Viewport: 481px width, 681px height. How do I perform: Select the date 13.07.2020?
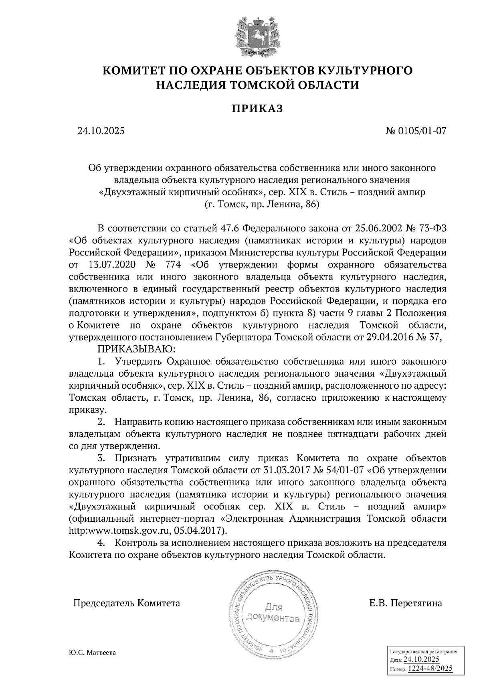tap(111, 265)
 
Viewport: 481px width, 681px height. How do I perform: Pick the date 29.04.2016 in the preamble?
tap(389, 337)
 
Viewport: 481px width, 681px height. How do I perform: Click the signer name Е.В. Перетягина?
tap(406, 603)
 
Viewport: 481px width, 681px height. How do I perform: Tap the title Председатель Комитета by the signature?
tap(126, 603)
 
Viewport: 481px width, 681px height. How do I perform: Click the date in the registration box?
tap(422, 660)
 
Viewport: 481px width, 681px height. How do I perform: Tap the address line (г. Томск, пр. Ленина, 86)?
tap(262, 205)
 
